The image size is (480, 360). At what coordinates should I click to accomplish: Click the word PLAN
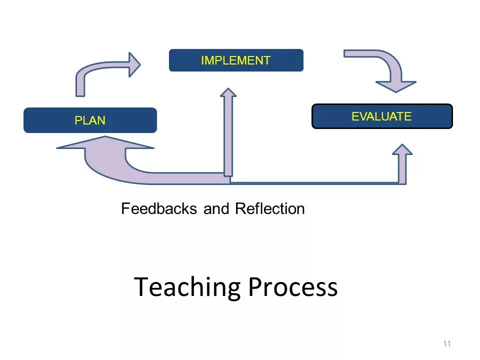90,120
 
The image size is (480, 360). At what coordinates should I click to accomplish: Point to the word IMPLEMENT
235,60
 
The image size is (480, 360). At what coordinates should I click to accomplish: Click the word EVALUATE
381,116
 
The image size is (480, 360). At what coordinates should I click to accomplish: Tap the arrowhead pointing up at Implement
228,92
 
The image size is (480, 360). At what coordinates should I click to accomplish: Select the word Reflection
269,208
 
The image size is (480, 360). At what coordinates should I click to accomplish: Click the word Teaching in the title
187,287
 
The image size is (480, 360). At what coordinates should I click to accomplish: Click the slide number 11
446,343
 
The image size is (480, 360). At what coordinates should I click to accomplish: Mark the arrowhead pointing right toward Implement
134,64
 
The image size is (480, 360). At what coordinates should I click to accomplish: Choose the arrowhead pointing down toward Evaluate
396,85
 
